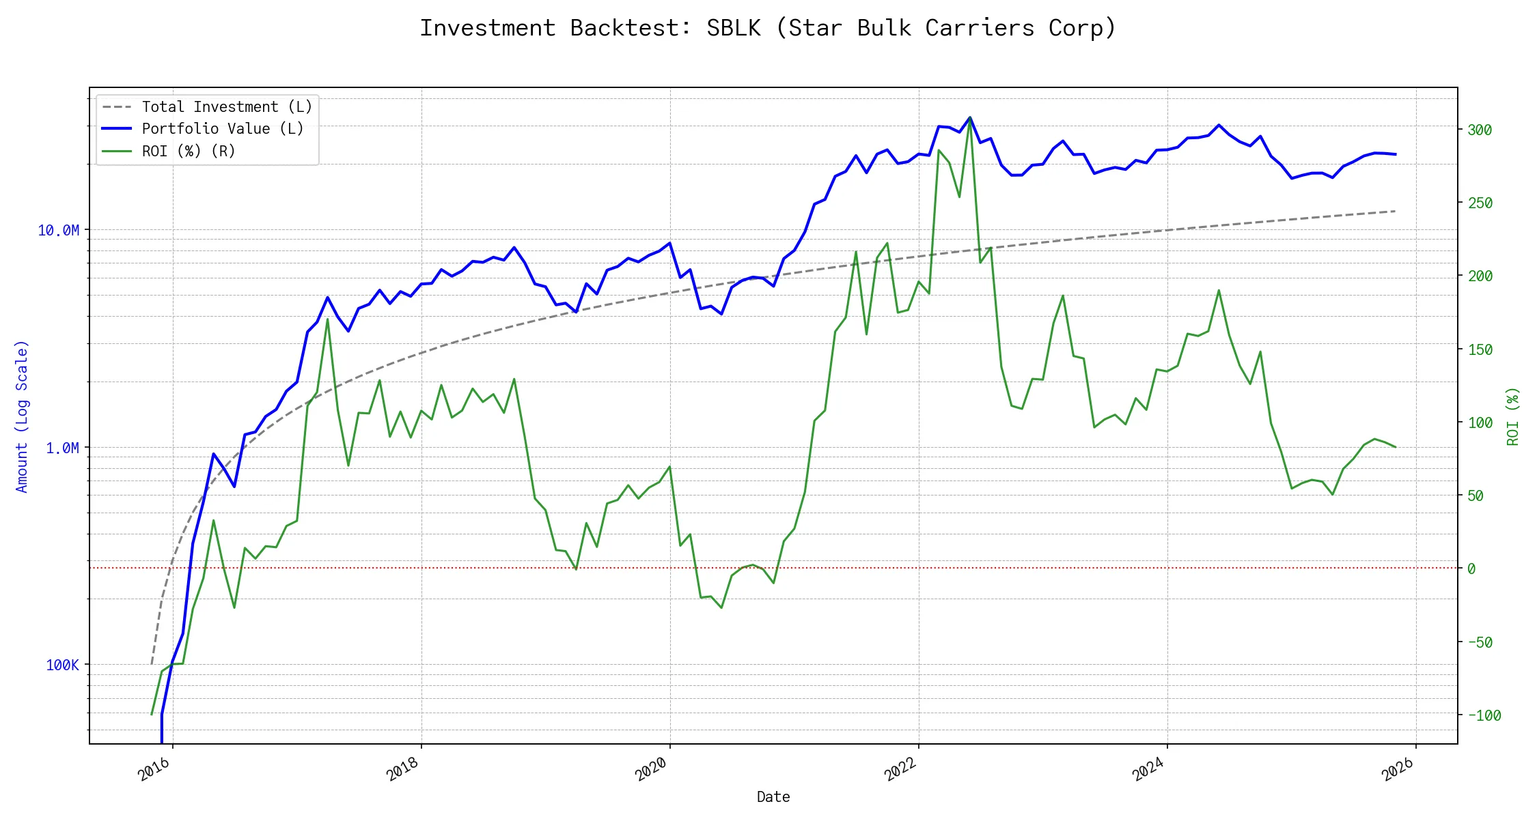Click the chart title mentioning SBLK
768,28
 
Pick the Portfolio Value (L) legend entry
223,129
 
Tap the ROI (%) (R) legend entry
189,152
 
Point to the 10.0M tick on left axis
58,231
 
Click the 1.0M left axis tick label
62,448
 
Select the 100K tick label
62,665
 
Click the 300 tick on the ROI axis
1480,130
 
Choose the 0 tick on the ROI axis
1471,569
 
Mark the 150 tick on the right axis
1480,350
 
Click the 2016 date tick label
154,769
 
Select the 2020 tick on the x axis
651,769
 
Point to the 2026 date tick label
1397,769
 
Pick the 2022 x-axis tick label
900,769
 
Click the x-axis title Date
773,797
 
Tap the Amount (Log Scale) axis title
22,416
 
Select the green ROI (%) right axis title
1512,416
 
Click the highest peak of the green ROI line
970,119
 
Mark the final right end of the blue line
1395,154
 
